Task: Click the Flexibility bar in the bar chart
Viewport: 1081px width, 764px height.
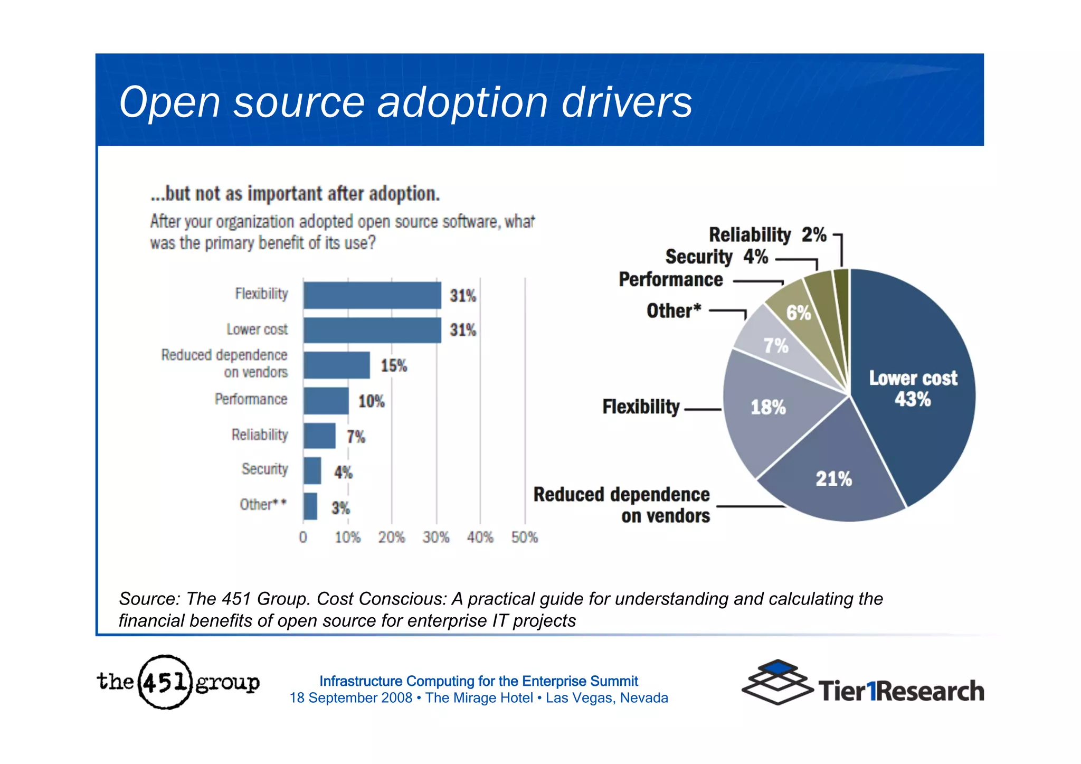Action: pyautogui.click(x=372, y=295)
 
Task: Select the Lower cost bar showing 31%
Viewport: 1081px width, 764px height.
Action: pyautogui.click(x=372, y=330)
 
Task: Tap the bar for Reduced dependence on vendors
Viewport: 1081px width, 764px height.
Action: pyautogui.click(x=336, y=365)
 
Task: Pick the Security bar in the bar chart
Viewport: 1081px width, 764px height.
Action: pyautogui.click(x=312, y=470)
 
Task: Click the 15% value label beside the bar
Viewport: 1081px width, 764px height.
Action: pyautogui.click(x=394, y=365)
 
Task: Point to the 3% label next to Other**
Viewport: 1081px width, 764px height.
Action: pyautogui.click(x=340, y=508)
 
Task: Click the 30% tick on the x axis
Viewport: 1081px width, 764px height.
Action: pyautogui.click(x=436, y=537)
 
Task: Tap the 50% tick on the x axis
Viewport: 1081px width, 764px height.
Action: pyautogui.click(x=524, y=537)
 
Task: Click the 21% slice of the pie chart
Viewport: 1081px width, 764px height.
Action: pyautogui.click(x=833, y=478)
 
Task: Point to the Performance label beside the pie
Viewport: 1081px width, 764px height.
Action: pyautogui.click(x=670, y=279)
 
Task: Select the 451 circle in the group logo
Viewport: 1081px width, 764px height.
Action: pyautogui.click(x=165, y=682)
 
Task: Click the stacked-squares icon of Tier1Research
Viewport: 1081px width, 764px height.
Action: pyautogui.click(x=777, y=682)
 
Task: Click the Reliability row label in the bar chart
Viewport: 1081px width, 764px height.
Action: pyautogui.click(x=259, y=435)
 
